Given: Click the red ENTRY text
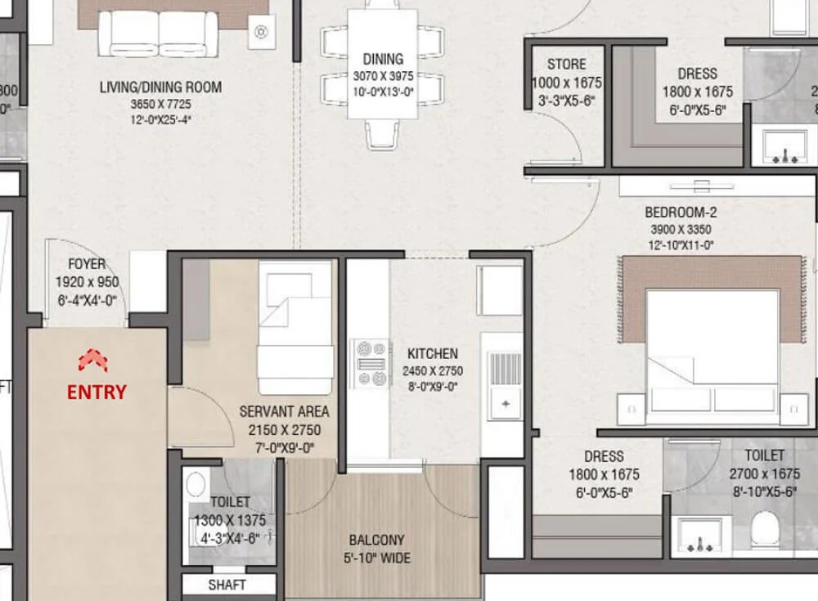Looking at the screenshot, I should (x=97, y=392).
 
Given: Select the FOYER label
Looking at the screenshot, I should (x=86, y=264).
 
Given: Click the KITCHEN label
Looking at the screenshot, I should (x=432, y=354).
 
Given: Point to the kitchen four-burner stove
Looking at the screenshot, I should (x=370, y=364).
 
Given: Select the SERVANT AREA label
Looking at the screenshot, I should (x=284, y=411).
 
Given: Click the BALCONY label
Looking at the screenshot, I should (x=376, y=540).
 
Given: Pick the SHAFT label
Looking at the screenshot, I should (x=227, y=585).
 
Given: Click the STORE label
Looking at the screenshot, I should (x=566, y=65).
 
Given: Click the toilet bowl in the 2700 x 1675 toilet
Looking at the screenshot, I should (x=765, y=530).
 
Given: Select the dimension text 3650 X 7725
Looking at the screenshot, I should (x=160, y=104).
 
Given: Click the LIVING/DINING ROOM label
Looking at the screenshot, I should (x=160, y=87).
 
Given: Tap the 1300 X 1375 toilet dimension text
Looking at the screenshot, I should (x=230, y=520).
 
